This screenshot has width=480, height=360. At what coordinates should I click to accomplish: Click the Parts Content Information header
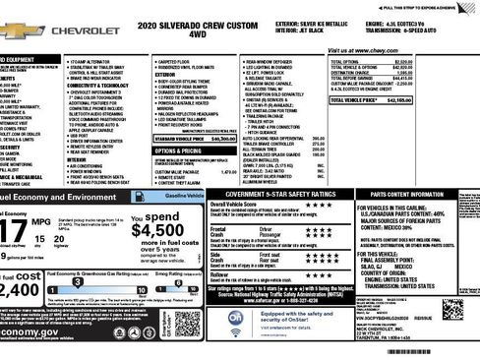click(x=421, y=197)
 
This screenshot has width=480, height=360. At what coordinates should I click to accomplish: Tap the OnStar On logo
click(x=236, y=319)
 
